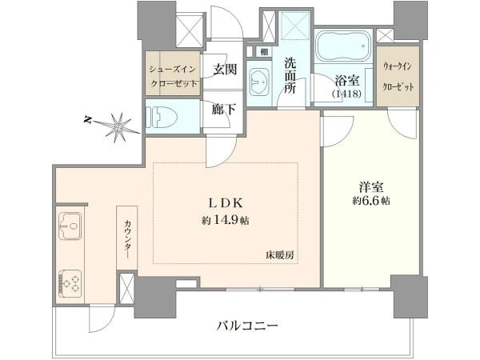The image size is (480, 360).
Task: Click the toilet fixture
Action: coord(162,117)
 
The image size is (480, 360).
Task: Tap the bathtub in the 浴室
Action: coord(343,46)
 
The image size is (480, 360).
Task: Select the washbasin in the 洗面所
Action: coord(260,81)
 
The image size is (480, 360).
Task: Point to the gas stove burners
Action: coord(70,284)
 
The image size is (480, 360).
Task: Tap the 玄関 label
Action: coord(225,69)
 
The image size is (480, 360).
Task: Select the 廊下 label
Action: coord(224,110)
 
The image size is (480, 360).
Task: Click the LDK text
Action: coord(226,203)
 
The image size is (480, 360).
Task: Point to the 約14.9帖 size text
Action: coord(226,220)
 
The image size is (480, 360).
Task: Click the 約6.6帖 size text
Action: coord(371,201)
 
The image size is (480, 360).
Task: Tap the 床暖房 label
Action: coord(279,254)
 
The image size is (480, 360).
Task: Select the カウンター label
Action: coord(126,239)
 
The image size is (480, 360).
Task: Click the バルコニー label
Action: coord(247,326)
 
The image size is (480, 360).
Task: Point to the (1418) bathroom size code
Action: coord(347,94)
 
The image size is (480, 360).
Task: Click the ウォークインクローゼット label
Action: coord(398,77)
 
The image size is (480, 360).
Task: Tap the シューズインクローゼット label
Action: coord(173,77)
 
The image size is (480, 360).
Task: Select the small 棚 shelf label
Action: coord(264,52)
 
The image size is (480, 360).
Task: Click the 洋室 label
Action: coord(371,186)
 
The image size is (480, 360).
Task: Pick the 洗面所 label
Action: coord(290,76)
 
